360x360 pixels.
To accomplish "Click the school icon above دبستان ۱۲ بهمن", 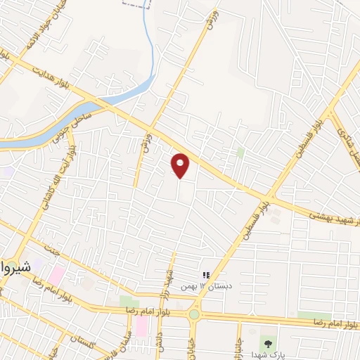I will [206, 275].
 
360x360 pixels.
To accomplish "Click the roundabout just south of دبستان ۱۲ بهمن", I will [193, 314].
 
